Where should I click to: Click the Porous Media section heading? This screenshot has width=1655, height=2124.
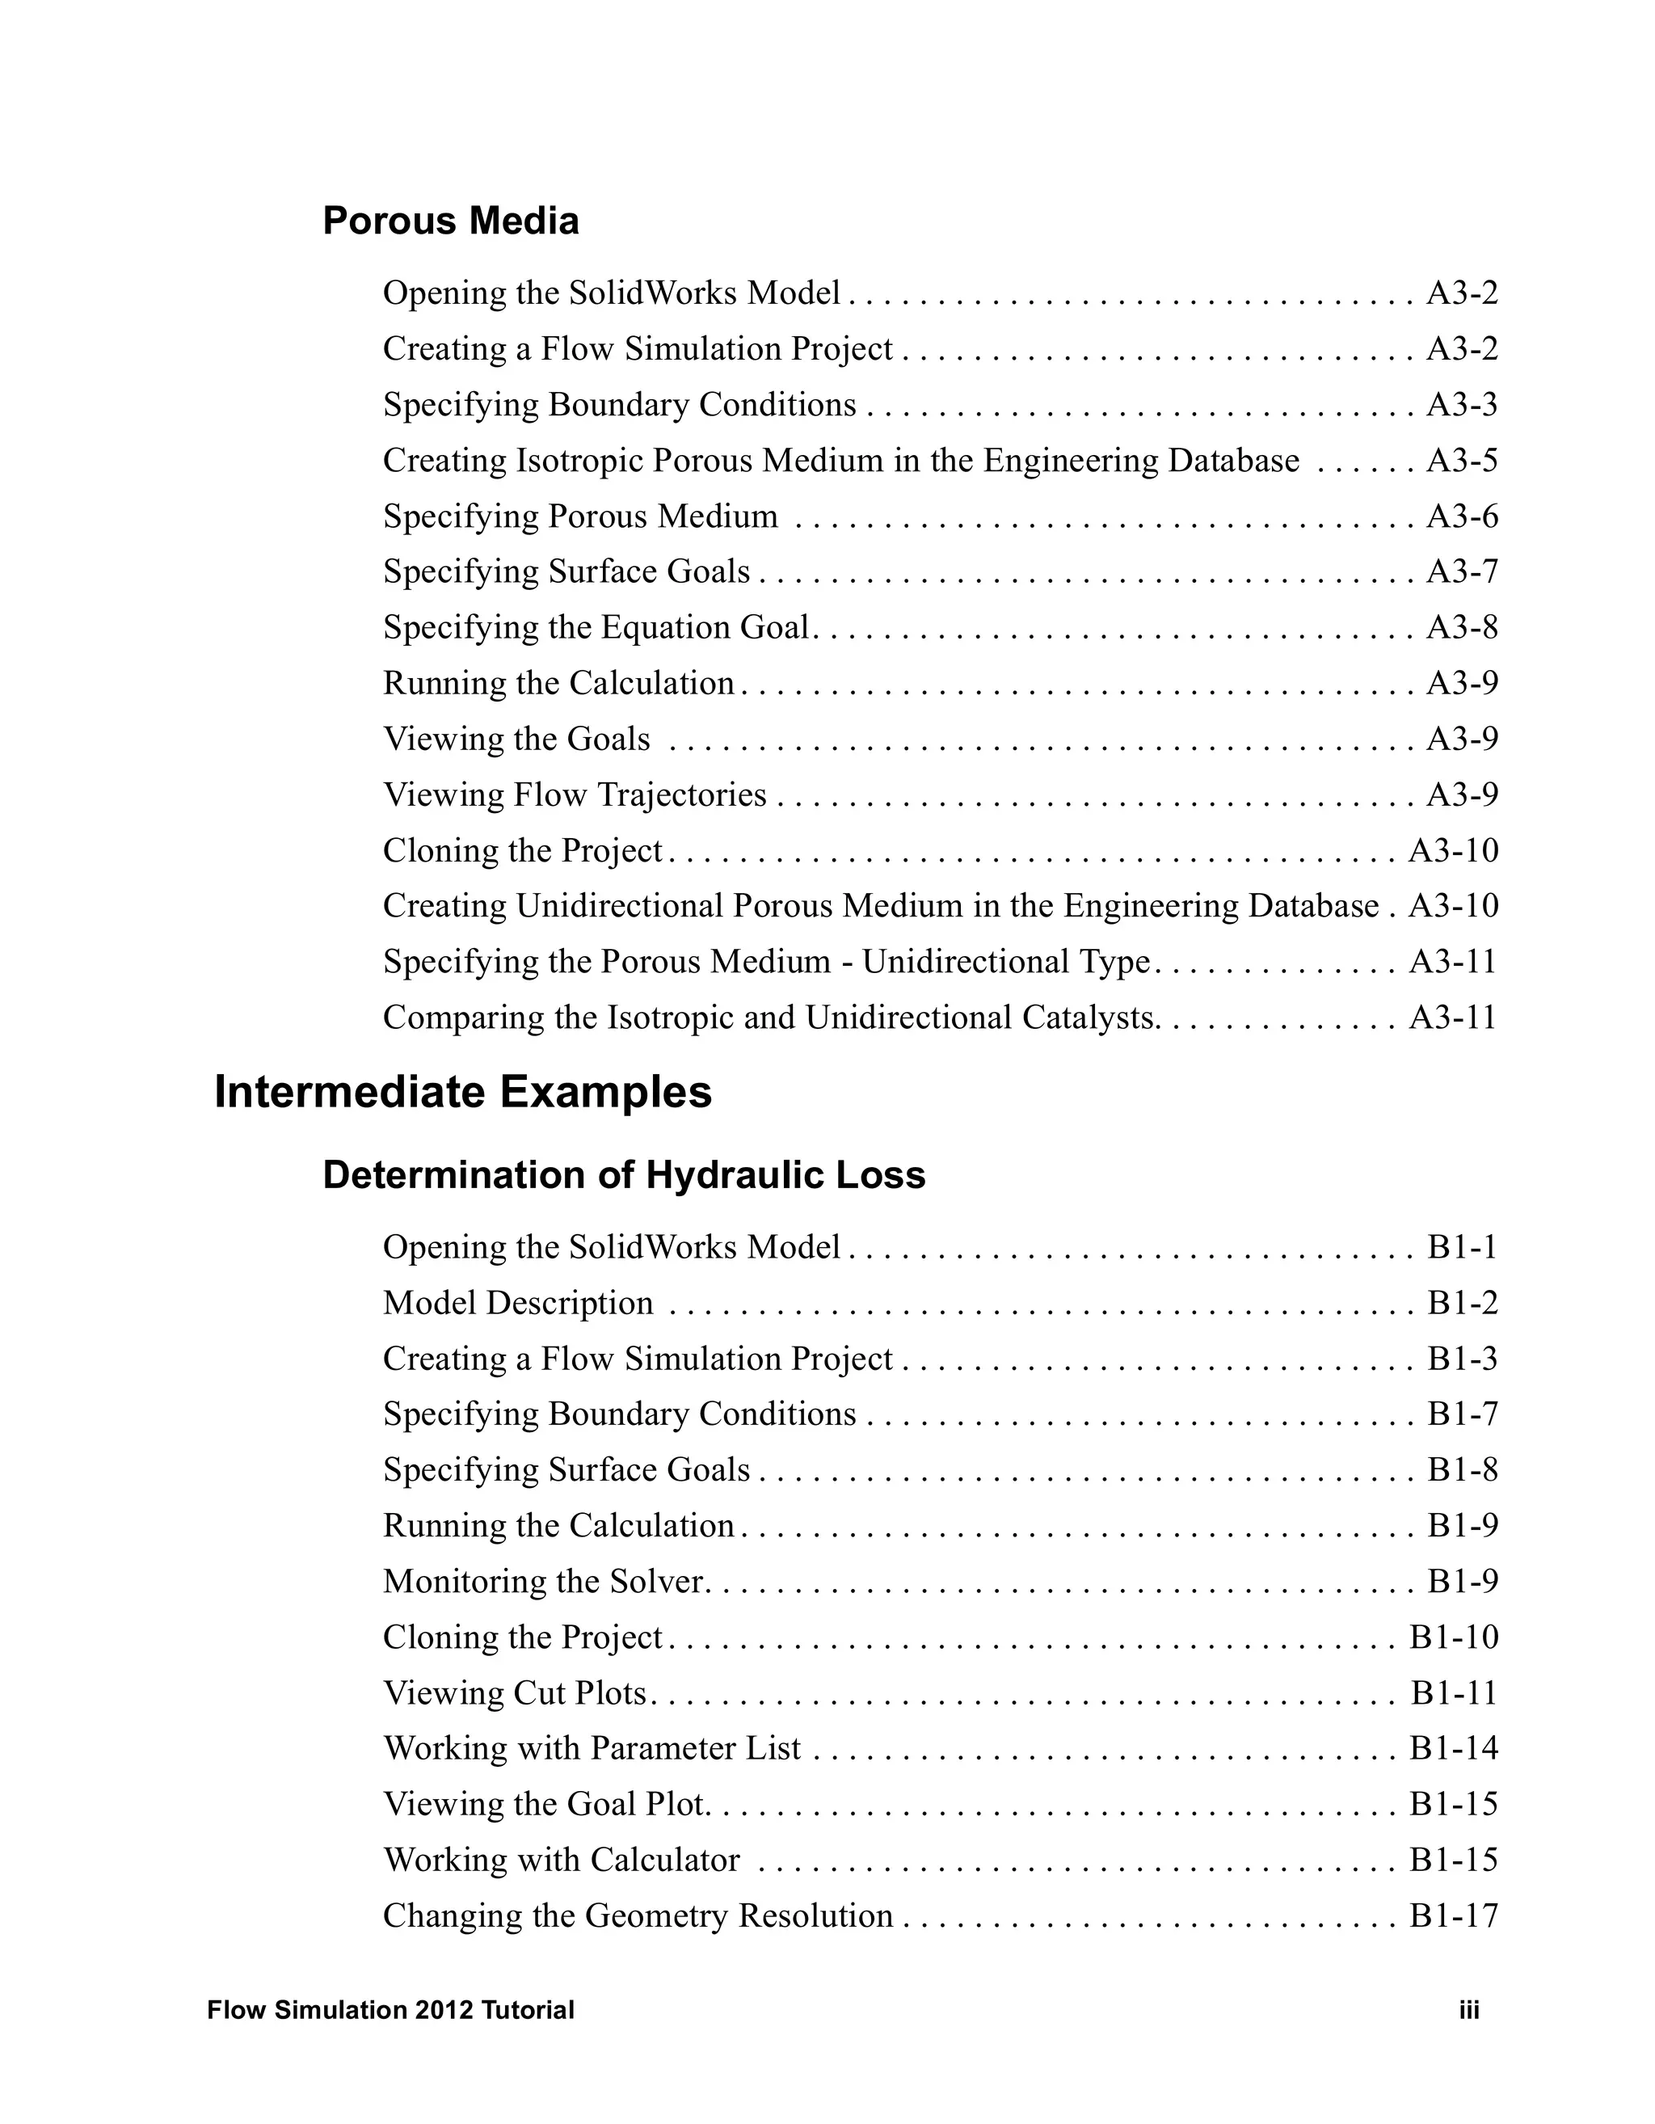450,221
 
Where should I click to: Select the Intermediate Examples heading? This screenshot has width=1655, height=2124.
463,1091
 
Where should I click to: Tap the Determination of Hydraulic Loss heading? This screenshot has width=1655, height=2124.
623,1175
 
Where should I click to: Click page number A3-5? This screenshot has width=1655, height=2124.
1462,460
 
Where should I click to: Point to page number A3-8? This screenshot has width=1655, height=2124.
1462,627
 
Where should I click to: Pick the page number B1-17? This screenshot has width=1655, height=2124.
1454,1915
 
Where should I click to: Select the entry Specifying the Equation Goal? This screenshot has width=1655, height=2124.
596,627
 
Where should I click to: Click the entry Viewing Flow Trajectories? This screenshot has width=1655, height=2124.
575,794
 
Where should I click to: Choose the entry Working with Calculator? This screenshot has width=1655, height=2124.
561,1860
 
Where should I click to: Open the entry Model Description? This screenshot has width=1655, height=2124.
518,1302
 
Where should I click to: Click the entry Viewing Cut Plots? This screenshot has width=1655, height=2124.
516,1692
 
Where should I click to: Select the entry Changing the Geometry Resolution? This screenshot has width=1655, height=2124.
638,1915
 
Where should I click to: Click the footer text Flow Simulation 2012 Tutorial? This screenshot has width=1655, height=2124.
391,2010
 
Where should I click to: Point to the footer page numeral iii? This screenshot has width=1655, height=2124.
1468,2010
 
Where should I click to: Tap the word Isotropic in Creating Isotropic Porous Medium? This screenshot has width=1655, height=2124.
579,460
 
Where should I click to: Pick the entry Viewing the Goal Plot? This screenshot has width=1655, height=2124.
544,1804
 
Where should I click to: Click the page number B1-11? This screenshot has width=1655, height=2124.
1454,1692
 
